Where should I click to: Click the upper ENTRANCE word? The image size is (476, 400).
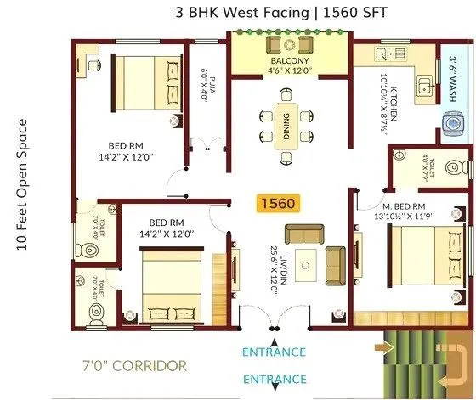pos(274,352)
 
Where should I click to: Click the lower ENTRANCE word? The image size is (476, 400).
pos(274,379)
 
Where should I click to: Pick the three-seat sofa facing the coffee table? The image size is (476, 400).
pos(303,233)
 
